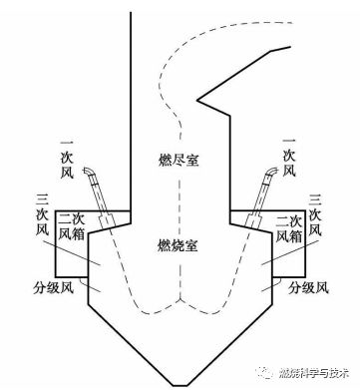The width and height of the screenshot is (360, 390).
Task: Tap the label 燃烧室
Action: (x=180, y=243)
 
